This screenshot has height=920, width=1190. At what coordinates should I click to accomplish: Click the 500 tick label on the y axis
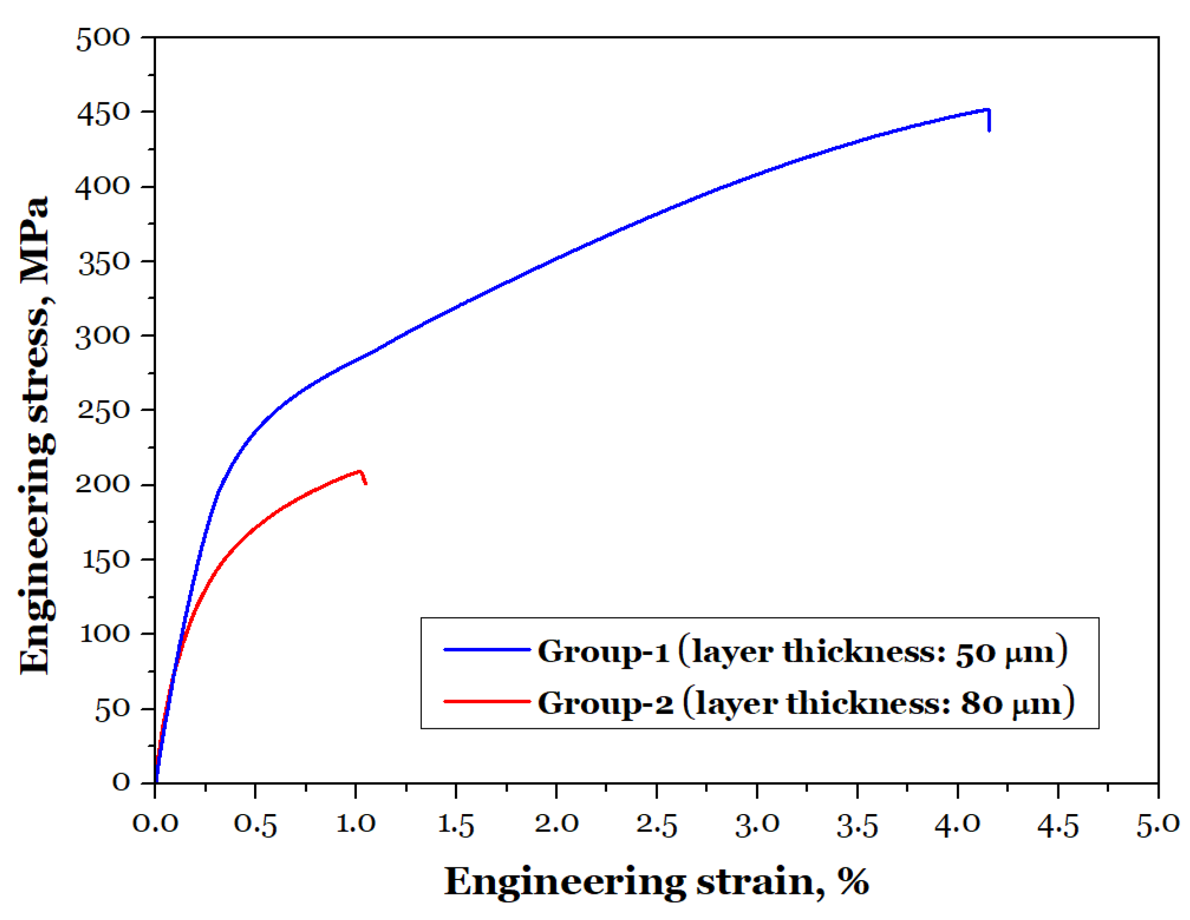pyautogui.click(x=103, y=39)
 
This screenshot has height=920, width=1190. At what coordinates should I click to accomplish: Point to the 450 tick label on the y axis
pyautogui.click(x=103, y=114)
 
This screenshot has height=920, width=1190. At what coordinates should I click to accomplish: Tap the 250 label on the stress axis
pyautogui.click(x=103, y=410)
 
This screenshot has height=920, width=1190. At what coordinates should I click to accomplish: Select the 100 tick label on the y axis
pyautogui.click(x=104, y=634)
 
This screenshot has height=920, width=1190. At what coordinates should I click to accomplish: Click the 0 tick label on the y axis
pyautogui.click(x=121, y=782)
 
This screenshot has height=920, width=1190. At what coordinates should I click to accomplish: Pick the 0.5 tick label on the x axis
pyautogui.click(x=255, y=825)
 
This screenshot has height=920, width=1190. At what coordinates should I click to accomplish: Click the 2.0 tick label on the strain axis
pyautogui.click(x=556, y=825)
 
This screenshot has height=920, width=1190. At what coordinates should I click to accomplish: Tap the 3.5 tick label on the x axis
pyautogui.click(x=857, y=825)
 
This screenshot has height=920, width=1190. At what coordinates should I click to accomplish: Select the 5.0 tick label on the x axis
pyautogui.click(x=1158, y=825)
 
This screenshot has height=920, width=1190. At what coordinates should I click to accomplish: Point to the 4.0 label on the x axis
pyautogui.click(x=957, y=825)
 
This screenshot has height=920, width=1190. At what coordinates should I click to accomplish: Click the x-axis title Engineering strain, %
pyautogui.click(x=656, y=882)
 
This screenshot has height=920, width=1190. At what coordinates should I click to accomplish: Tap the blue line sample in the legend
pyautogui.click(x=486, y=650)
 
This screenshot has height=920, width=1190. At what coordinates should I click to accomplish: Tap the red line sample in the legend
pyautogui.click(x=486, y=701)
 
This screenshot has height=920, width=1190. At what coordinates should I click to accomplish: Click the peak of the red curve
pyautogui.click(x=360, y=471)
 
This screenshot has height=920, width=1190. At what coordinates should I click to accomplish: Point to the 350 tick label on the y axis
pyautogui.click(x=103, y=263)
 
